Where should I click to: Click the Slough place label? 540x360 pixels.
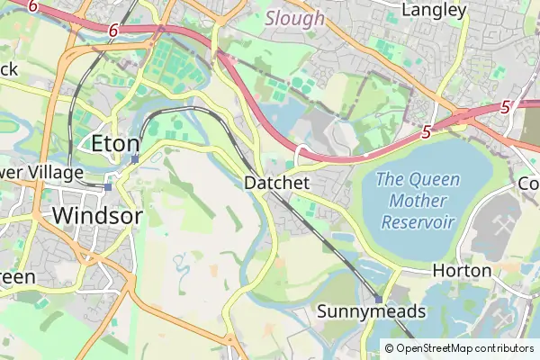click(295, 18)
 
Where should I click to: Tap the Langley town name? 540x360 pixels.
click(435, 11)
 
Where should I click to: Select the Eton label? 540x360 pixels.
click(116, 143)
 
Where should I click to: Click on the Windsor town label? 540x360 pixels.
click(97, 216)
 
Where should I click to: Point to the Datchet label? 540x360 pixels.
click(277, 183)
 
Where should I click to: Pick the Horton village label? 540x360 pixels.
click(462, 270)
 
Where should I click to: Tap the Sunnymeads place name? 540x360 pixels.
click(372, 311)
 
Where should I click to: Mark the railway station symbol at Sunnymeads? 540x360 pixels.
click(379, 299)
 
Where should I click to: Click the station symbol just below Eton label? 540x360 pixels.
click(134, 159)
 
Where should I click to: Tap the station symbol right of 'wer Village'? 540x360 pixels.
click(107, 187)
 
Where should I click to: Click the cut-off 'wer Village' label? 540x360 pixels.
click(41, 172)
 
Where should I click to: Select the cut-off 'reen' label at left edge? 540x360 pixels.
click(18, 276)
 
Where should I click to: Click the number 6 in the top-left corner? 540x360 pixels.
click(32, 6)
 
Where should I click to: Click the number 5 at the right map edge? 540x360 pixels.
click(506, 106)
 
